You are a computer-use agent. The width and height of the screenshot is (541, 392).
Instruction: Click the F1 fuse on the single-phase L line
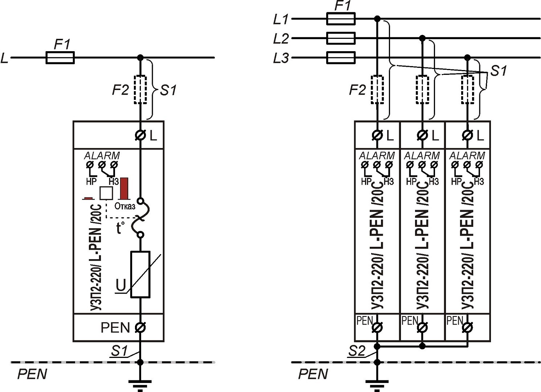point(60,57)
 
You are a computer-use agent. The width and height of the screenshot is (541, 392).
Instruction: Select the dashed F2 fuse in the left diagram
point(140,90)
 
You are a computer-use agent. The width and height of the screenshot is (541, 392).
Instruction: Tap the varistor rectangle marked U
point(140,274)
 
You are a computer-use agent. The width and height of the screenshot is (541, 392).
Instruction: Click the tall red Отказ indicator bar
point(124,188)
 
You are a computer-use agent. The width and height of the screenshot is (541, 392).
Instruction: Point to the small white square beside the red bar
point(106,193)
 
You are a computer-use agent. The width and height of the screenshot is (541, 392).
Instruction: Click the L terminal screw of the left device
point(140,135)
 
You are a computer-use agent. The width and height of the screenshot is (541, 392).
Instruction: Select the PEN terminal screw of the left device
point(140,327)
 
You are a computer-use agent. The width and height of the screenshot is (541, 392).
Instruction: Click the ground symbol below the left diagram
point(140,384)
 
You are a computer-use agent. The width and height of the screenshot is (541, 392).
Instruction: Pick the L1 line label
point(280,19)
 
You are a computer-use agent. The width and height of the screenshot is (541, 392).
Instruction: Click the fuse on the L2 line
point(341,38)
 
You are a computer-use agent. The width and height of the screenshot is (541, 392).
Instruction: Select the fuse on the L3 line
point(341,57)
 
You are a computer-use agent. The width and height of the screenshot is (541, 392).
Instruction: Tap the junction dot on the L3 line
point(467,57)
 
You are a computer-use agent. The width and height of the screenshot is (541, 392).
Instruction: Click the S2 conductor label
point(357,351)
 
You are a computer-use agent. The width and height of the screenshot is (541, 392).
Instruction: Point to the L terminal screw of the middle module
point(422,135)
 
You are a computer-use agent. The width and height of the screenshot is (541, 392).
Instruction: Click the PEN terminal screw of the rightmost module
point(467,327)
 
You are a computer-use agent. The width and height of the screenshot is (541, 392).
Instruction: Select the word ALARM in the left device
point(102,156)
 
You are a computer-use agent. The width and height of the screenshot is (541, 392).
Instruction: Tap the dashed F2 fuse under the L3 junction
point(467,90)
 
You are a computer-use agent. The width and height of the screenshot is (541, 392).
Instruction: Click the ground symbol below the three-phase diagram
point(377,384)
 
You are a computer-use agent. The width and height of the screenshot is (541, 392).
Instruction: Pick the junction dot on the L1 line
point(377,19)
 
